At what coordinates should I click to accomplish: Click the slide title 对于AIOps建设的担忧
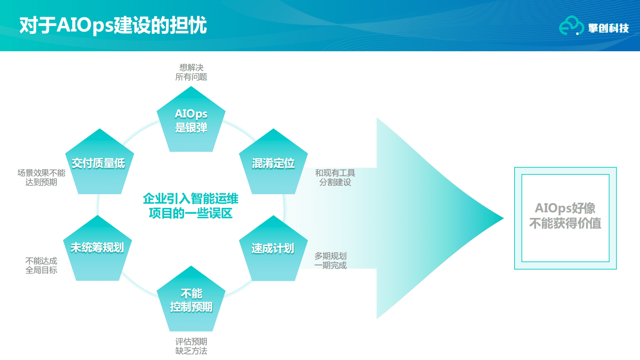[113, 25]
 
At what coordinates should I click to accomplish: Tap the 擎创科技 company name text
[608, 28]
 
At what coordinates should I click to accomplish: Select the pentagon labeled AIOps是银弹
[191, 121]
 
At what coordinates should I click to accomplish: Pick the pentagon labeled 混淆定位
[273, 163]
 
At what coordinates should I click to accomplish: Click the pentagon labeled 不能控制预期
[191, 300]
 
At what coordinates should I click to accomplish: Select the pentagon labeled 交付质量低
[99, 163]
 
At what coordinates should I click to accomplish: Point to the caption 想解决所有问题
[191, 72]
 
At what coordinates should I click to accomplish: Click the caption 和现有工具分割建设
[335, 178]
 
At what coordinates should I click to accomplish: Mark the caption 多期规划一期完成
[330, 261]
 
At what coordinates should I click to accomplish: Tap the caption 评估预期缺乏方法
[191, 346]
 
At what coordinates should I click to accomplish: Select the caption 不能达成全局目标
[41, 266]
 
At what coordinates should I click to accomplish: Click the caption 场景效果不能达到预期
[41, 178]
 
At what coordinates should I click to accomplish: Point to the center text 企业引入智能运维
[191, 199]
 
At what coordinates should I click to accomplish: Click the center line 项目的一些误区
[191, 213]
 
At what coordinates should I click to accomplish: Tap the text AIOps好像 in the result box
[565, 208]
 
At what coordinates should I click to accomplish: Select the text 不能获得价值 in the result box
[565, 223]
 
